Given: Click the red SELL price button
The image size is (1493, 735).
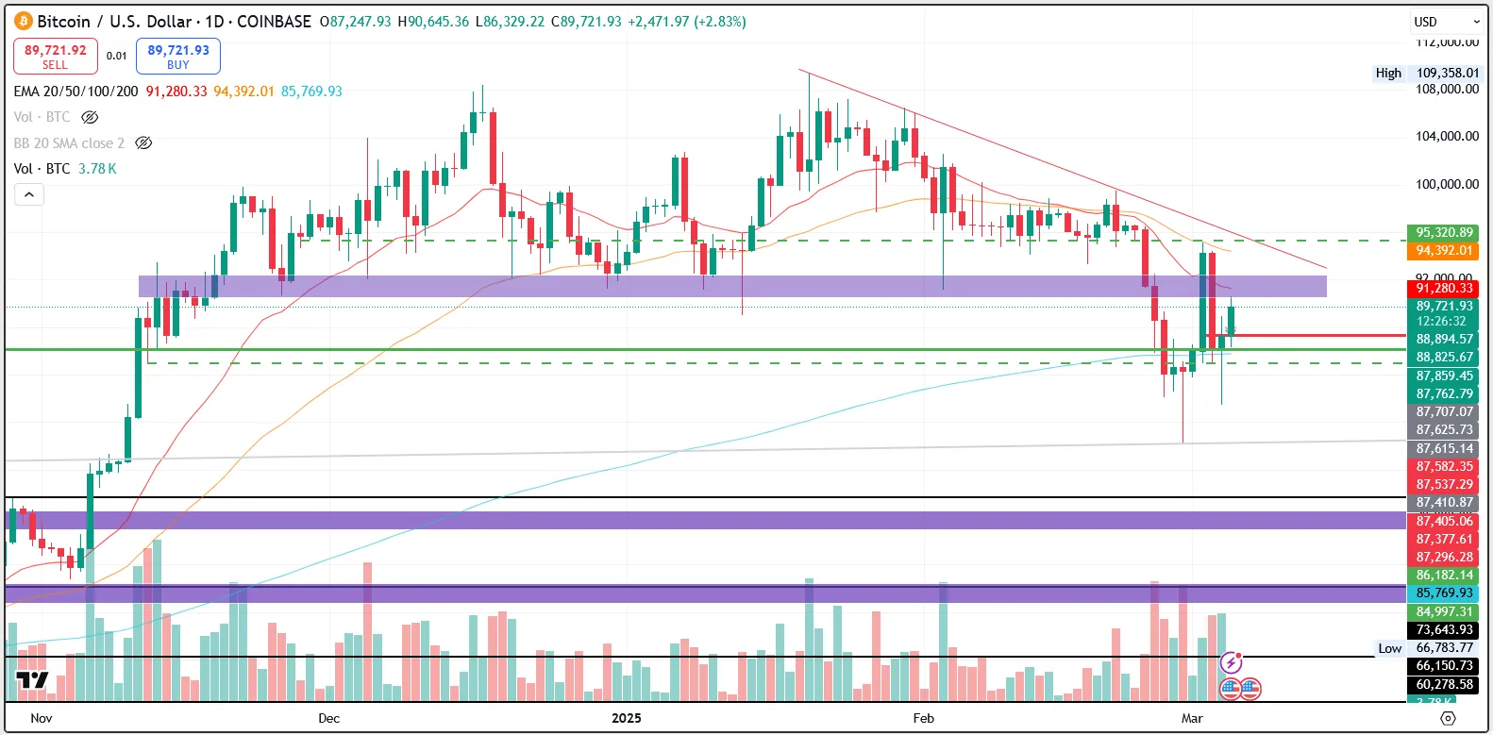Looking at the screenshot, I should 55,57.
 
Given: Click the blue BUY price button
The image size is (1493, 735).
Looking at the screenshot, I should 177,57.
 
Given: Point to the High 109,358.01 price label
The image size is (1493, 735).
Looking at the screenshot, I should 1427,73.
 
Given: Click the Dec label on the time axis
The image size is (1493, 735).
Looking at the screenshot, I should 328,718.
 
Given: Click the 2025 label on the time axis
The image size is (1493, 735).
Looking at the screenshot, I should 626,718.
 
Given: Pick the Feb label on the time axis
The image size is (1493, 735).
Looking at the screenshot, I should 923,718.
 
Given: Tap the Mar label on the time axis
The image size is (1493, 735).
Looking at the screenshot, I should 1192,718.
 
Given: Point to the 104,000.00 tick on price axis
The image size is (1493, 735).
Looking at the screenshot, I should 1447,136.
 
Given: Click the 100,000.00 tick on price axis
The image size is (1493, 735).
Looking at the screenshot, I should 1447,184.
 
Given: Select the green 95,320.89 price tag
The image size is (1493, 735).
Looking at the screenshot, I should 1444,232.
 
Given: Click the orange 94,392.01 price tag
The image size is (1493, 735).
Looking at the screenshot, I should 1444,250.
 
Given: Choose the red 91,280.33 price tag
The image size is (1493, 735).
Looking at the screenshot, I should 1444,288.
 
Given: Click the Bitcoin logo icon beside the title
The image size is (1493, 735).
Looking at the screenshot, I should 24,21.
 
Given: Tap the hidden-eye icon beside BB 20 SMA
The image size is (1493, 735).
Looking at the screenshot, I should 143,143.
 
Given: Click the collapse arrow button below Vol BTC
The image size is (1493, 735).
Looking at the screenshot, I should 29,194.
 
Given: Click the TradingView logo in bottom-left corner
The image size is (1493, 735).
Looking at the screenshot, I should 32,680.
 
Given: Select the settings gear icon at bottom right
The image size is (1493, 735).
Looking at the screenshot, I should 1448,718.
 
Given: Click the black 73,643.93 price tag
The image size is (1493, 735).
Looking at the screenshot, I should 1444,629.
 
